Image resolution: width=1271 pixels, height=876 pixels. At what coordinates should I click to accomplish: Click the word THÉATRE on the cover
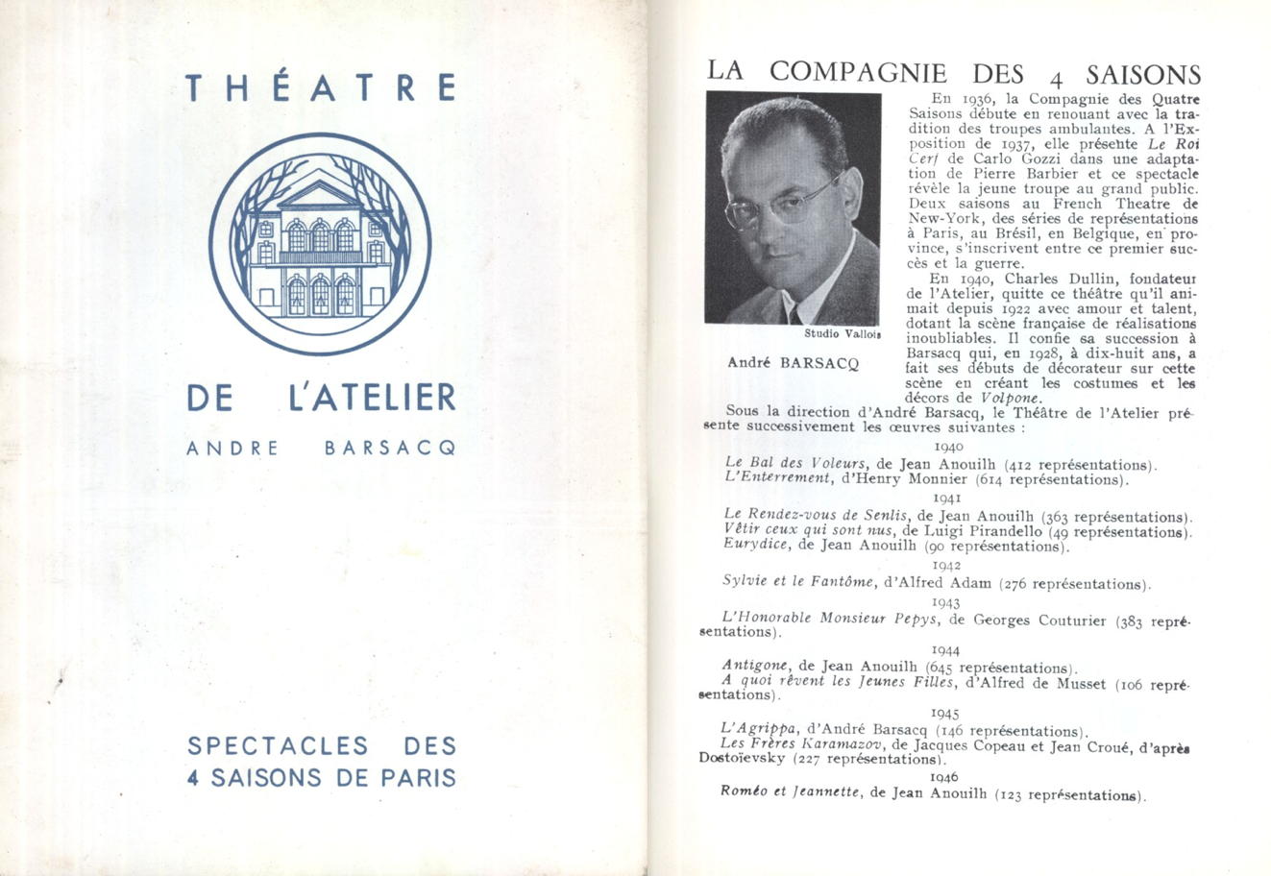tap(321, 87)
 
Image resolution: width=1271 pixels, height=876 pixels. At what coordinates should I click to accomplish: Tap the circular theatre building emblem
tap(320, 243)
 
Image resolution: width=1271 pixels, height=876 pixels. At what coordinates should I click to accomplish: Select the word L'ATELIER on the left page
tap(372, 398)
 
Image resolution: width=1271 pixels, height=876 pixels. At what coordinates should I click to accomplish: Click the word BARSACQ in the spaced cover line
tap(389, 449)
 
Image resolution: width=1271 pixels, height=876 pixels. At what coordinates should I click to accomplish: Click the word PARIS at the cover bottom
tap(417, 777)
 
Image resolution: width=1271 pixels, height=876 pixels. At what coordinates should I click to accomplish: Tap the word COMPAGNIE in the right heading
tap(858, 73)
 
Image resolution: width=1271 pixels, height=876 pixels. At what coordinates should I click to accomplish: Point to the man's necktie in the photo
tap(794, 314)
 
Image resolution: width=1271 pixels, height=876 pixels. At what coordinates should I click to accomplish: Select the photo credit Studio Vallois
tap(843, 334)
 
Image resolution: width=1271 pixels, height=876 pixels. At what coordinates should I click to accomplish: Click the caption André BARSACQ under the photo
tap(793, 363)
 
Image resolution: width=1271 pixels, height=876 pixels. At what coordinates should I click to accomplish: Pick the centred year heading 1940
tap(948, 447)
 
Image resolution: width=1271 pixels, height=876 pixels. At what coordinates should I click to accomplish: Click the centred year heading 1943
tap(946, 602)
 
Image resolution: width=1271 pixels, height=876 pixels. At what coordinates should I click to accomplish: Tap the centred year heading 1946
tap(945, 777)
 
